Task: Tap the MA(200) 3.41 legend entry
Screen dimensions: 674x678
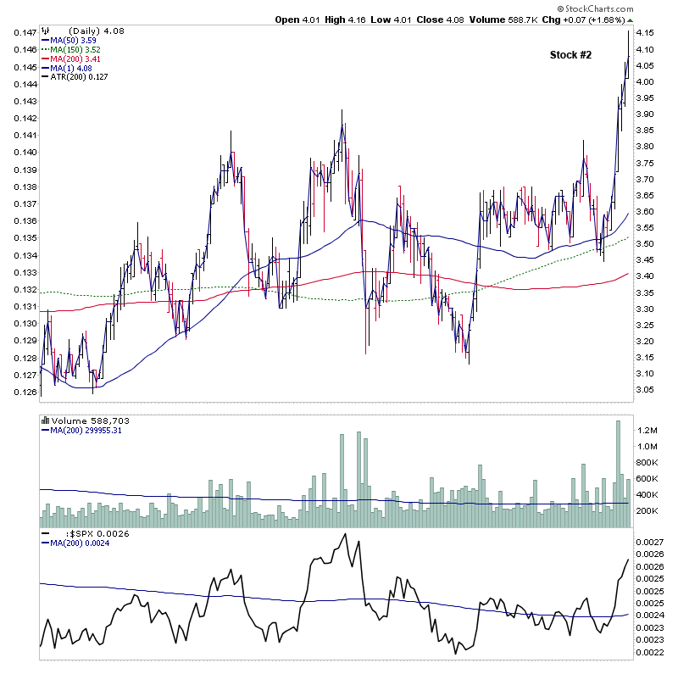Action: [73, 58]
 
